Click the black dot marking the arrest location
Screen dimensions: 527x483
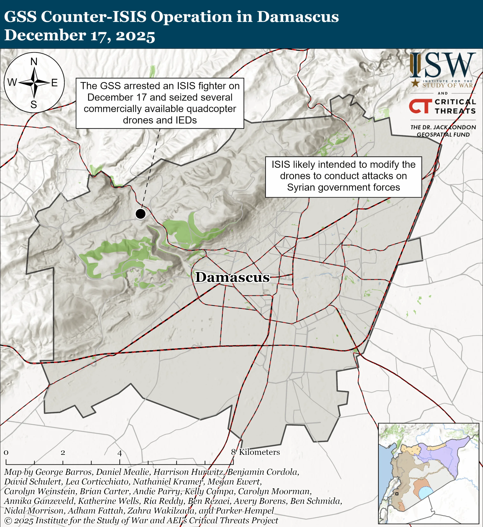pyautogui.click(x=140, y=214)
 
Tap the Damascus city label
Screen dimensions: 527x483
pyautogui.click(x=232, y=277)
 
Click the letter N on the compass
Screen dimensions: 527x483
pyautogui.click(x=34, y=62)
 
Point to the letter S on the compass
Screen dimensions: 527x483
pyautogui.click(x=34, y=104)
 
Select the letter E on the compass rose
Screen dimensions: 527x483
pyautogui.click(x=54, y=83)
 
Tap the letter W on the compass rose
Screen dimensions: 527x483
pyautogui.click(x=12, y=82)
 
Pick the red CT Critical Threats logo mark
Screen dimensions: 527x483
pyautogui.click(x=420, y=106)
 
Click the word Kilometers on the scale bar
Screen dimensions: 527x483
pyautogui.click(x=259, y=452)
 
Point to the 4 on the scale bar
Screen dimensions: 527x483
pyautogui.click(x=120, y=453)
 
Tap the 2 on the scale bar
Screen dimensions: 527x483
pyautogui.click(x=63, y=452)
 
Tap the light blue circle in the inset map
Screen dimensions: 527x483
pyautogui.click(x=425, y=493)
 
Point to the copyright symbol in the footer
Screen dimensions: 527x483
pyautogui.click(x=8, y=520)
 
